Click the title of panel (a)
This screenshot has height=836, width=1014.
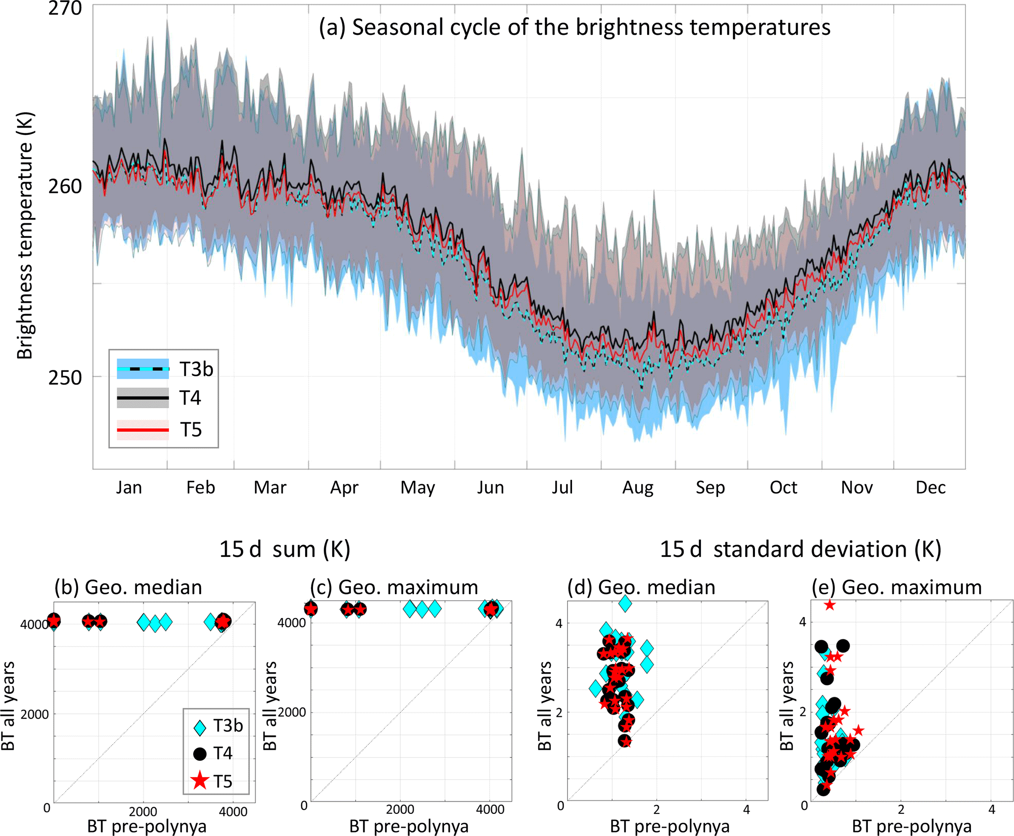574,27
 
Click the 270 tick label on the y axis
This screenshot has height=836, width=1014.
64,8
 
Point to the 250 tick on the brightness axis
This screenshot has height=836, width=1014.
64,377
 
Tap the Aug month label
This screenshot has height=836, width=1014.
637,487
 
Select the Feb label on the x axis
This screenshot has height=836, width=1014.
201,487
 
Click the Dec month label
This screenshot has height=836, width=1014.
930,487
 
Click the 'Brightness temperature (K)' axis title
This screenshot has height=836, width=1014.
25,235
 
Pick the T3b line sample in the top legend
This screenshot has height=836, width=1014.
143,369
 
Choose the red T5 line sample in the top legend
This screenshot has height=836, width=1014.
143,430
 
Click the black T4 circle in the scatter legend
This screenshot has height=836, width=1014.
200,754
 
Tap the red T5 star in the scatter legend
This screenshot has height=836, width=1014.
200,781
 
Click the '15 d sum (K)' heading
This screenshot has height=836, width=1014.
285,549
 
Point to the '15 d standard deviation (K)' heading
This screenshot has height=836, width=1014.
800,549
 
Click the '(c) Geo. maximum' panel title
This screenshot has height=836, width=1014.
394,587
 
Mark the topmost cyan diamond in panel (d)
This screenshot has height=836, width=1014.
625,603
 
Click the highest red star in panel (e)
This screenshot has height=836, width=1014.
829,605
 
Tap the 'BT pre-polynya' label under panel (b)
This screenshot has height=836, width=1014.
147,827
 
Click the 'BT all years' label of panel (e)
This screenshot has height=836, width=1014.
786,706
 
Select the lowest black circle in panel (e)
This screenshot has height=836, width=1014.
823,789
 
